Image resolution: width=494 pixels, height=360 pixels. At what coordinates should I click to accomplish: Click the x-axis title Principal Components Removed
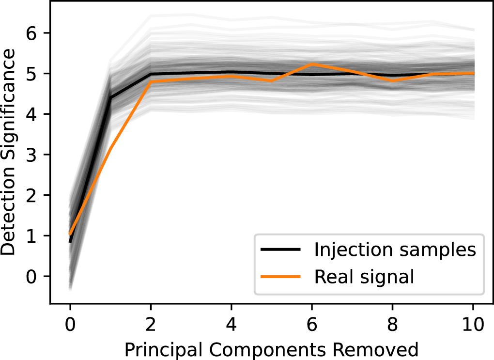271,349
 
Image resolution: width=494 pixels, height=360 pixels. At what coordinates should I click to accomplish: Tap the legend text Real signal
364,276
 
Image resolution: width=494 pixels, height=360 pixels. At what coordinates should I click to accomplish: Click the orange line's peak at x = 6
312,64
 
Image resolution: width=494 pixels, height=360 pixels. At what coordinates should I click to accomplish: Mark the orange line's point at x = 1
111,148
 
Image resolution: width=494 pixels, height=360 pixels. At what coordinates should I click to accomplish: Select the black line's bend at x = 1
111,97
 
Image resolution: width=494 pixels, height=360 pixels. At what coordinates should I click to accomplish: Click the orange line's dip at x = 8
392,80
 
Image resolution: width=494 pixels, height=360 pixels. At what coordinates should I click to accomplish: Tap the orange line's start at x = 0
71,234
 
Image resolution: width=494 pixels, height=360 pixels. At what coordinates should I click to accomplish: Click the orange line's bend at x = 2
151,81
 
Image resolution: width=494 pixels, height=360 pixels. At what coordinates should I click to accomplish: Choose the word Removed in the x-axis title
383,349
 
